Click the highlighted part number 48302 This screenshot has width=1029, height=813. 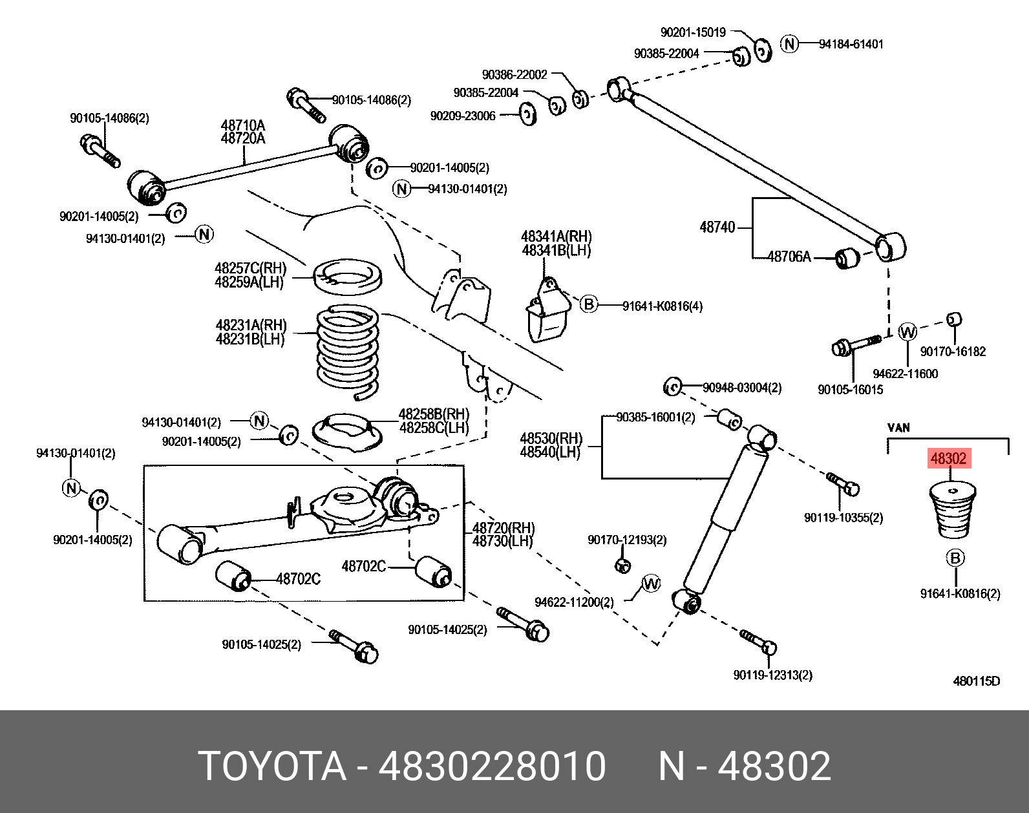point(948,459)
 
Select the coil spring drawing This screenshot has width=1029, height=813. point(348,349)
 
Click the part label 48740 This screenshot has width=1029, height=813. point(717,227)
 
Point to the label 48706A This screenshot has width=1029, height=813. point(789,257)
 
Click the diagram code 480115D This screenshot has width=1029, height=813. point(976,681)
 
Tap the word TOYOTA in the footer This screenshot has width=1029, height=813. point(272,766)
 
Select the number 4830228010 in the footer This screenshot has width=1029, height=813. point(492,766)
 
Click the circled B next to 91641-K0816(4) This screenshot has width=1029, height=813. point(588,304)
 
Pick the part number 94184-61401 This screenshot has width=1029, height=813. point(851,45)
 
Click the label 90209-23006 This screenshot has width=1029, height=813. point(463,116)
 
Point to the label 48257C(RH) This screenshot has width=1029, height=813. point(250,268)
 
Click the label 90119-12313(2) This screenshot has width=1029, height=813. point(772,675)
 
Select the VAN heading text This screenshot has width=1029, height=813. point(898,428)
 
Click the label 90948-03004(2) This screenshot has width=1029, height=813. point(742,388)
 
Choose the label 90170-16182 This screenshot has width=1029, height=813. point(953,352)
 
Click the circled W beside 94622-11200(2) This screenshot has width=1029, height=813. point(651,584)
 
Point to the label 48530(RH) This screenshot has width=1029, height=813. point(551,439)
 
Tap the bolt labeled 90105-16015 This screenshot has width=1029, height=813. point(854,346)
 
